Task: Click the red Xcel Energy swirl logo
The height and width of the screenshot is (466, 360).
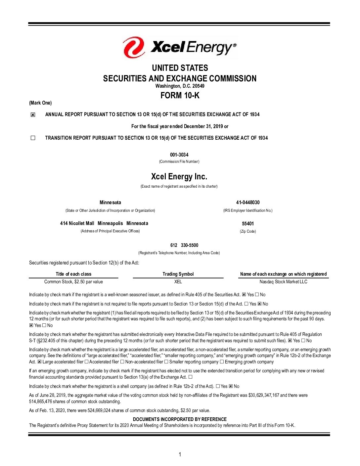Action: pyautogui.click(x=134, y=47)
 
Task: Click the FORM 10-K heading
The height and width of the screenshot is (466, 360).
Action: pyautogui.click(x=180, y=96)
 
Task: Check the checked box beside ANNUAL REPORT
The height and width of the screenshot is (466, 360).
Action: pyautogui.click(x=33, y=115)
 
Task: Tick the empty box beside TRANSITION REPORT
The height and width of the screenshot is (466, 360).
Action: pyautogui.click(x=33, y=138)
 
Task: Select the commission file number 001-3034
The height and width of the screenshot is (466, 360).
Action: pyautogui.click(x=179, y=155)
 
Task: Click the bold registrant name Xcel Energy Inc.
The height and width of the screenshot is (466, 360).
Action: pyautogui.click(x=179, y=177)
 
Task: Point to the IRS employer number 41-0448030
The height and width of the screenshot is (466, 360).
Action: pyautogui.click(x=248, y=203)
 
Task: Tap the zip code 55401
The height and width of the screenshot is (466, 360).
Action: pyautogui.click(x=248, y=224)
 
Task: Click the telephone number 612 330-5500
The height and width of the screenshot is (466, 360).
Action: pyautogui.click(x=184, y=245)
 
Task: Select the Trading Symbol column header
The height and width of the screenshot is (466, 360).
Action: pyautogui.click(x=178, y=274)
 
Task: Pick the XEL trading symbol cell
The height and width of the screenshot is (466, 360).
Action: pyautogui.click(x=178, y=282)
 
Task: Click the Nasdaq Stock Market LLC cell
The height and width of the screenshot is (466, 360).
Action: pyautogui.click(x=283, y=282)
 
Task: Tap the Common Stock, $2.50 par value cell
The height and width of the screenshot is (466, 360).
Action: pyautogui.click(x=73, y=282)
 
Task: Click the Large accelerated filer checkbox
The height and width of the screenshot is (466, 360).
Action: pyautogui.click(x=39, y=362)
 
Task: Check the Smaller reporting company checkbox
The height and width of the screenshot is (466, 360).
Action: pyautogui.click(x=166, y=362)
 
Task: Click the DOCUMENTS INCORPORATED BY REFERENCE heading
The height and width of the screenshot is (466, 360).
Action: pyautogui.click(x=180, y=419)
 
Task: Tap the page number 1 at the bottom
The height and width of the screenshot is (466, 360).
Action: pyautogui.click(x=180, y=455)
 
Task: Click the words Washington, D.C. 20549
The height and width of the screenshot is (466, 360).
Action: pyautogui.click(x=180, y=86)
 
